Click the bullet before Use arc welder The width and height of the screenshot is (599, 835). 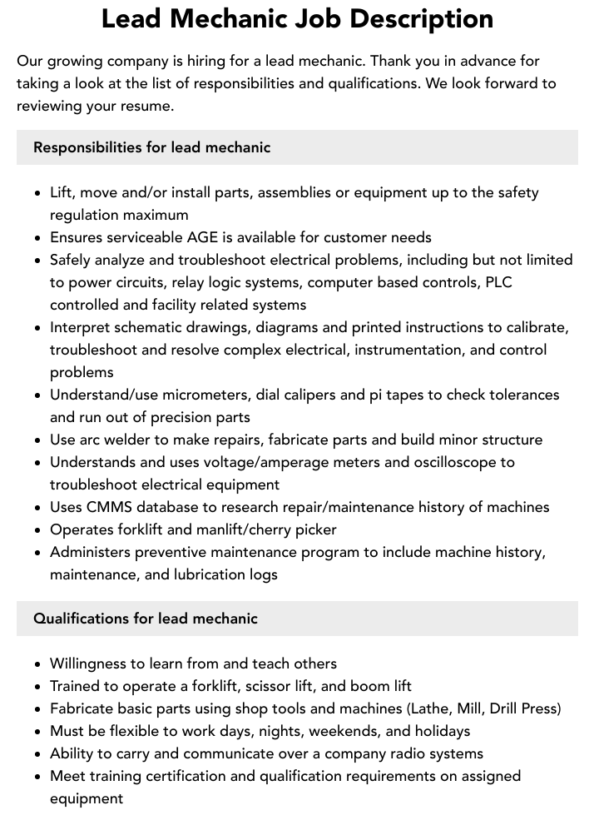coord(38,440)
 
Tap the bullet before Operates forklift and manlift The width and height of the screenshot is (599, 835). coord(38,530)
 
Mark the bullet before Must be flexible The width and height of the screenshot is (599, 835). coord(38,732)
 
